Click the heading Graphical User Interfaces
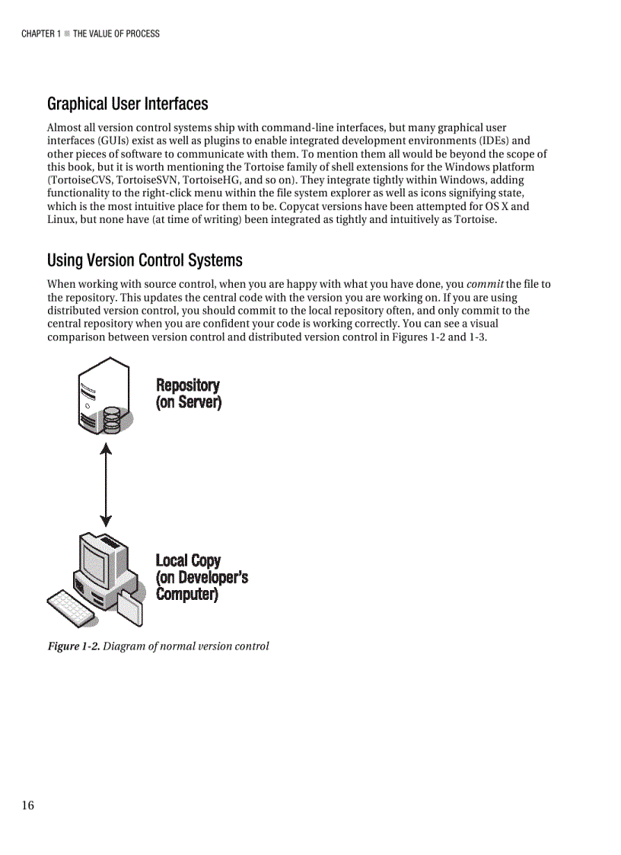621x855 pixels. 127,104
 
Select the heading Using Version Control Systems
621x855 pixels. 145,260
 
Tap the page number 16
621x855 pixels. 27,806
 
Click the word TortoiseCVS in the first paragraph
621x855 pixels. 80,180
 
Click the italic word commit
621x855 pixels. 484,285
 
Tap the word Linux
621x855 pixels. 62,219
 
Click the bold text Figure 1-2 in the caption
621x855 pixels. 73,646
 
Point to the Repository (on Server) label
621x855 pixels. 188,394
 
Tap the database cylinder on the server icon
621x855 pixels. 112,419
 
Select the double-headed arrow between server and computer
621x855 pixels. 106,486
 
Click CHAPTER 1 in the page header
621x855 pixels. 40,33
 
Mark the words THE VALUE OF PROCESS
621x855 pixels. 116,33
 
